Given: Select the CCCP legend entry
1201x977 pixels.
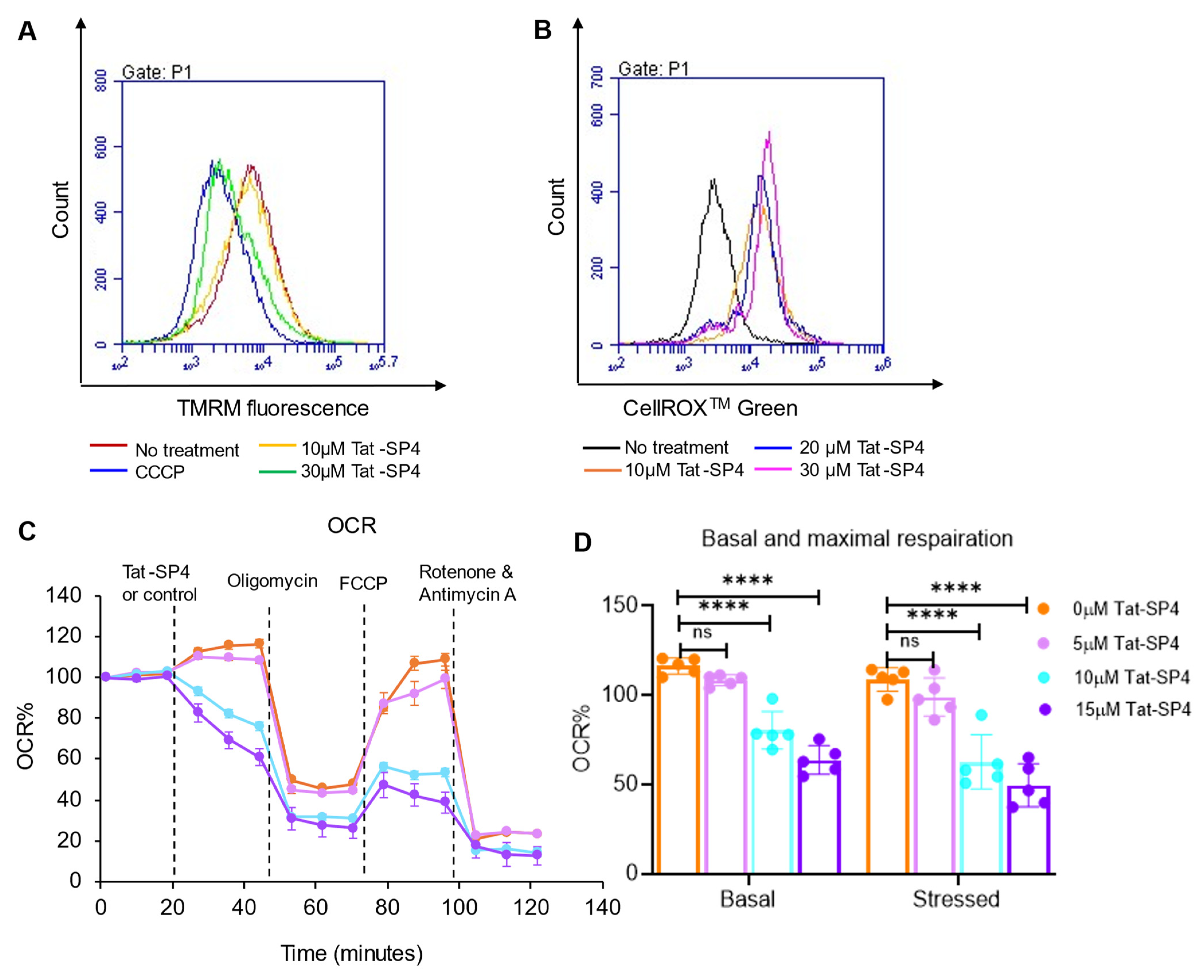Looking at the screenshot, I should [159, 472].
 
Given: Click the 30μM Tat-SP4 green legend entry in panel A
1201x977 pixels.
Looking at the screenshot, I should [360, 471].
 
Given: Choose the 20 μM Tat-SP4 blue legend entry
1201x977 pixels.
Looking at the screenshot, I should [861, 448].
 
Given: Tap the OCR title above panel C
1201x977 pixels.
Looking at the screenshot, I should [352, 526].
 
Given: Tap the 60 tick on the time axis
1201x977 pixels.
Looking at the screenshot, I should [316, 907].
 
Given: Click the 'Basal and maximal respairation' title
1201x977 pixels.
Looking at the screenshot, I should [856, 539].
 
